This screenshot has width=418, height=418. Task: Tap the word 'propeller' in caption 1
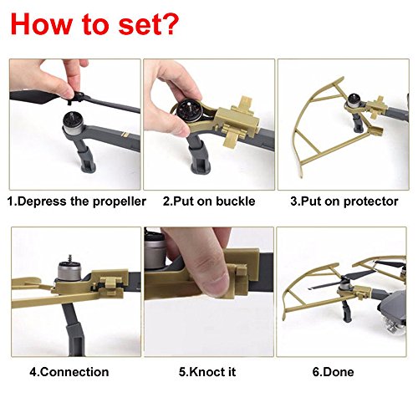[x=120, y=201]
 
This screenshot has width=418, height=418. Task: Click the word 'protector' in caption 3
[x=371, y=201]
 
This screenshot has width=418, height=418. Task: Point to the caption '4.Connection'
[x=69, y=372]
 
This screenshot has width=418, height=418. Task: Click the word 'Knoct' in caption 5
[x=203, y=372]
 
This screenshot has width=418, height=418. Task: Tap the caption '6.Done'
[x=333, y=372]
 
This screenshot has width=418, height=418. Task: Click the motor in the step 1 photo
[x=73, y=123]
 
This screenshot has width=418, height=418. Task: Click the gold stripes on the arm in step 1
[x=125, y=135]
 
